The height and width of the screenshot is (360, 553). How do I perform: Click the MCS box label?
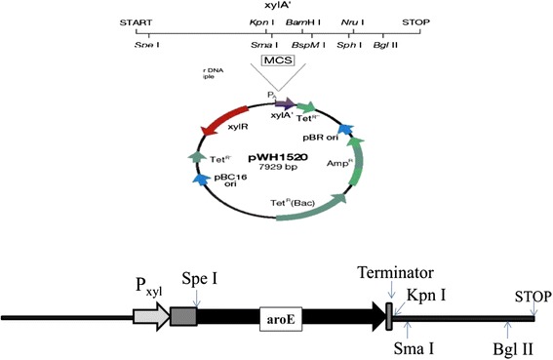[276, 61]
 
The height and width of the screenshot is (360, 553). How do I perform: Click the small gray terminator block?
[390, 313]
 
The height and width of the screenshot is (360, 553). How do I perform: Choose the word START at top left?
[137, 20]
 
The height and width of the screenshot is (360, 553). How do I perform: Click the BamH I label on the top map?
[303, 20]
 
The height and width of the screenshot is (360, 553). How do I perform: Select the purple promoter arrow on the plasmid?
[285, 102]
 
